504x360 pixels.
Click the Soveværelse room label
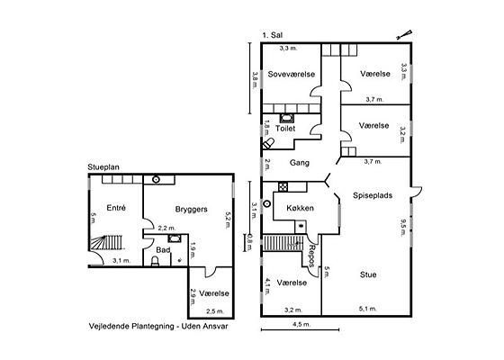click(x=292, y=74)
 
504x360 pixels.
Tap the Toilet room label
click(x=285, y=129)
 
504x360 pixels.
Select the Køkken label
click(x=300, y=208)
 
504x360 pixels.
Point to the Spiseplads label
click(x=373, y=195)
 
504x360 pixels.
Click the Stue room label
click(x=368, y=274)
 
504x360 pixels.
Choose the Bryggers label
click(x=191, y=210)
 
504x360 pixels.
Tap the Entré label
click(x=116, y=208)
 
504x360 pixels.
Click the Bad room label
click(x=163, y=250)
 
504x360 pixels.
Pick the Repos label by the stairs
click(x=311, y=256)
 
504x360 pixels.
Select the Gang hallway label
click(x=300, y=163)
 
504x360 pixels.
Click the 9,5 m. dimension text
click(x=403, y=227)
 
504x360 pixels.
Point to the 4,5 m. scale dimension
click(x=301, y=324)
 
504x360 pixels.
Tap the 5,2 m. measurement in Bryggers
click(x=228, y=220)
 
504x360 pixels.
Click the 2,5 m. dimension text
click(x=215, y=311)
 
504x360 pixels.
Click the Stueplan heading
click(x=103, y=167)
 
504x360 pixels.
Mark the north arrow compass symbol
click(x=404, y=35)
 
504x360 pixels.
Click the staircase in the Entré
click(x=106, y=243)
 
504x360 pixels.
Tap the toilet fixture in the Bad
click(x=155, y=261)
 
